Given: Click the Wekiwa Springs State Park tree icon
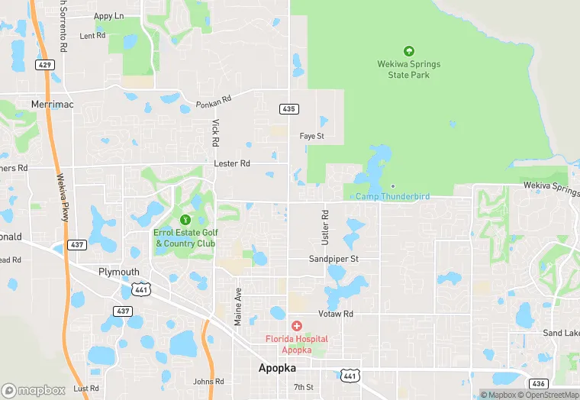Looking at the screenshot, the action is pos(408,51).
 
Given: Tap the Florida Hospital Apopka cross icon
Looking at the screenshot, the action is pos(296,326).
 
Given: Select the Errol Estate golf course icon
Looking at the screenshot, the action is pos(184,220).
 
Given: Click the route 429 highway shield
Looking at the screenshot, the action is pos(46,65).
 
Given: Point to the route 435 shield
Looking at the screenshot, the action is pos(288,109).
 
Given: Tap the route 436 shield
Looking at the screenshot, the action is pos(539,382).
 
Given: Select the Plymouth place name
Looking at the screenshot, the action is pos(119,272).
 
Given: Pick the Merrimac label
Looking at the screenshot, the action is pos(53,104).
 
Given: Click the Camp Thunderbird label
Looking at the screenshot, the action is pos(392,196).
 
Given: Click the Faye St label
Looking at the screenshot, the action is pos(312,137).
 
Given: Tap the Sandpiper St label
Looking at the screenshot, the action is pos(333,259).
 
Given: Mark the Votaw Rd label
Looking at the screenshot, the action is pos(337,314).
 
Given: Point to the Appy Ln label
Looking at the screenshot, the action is pos(108,16).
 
